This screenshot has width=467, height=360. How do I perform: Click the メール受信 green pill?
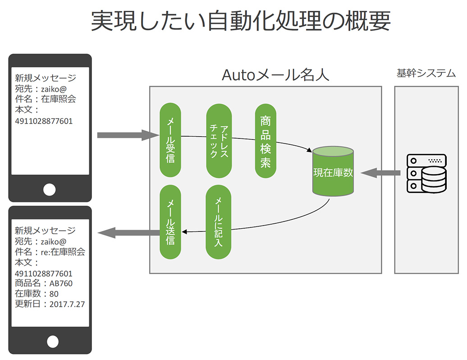170,140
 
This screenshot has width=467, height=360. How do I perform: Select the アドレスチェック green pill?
219,141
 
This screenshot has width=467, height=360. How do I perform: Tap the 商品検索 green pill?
266,141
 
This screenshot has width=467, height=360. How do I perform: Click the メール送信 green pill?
170,222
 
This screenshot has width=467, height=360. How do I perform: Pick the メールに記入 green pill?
218,222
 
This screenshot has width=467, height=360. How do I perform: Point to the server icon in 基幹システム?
426,173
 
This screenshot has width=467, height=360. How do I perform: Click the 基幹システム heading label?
426,74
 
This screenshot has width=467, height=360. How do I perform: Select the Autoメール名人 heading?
275,74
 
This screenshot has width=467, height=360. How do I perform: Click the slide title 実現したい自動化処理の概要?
241,21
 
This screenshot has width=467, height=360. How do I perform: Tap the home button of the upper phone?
50,189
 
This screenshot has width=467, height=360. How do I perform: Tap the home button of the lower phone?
53,342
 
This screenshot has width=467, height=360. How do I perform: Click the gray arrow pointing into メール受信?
128,135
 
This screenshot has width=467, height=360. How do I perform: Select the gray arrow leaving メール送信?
128,233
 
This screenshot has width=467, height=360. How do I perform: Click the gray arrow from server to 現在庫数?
380,173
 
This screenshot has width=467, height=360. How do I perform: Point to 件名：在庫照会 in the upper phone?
46,99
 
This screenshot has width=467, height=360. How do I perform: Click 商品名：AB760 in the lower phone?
44,283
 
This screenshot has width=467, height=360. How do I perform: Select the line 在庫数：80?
37,294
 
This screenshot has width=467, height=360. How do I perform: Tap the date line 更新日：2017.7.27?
50,304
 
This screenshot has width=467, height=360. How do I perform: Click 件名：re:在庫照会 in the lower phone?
50,252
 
